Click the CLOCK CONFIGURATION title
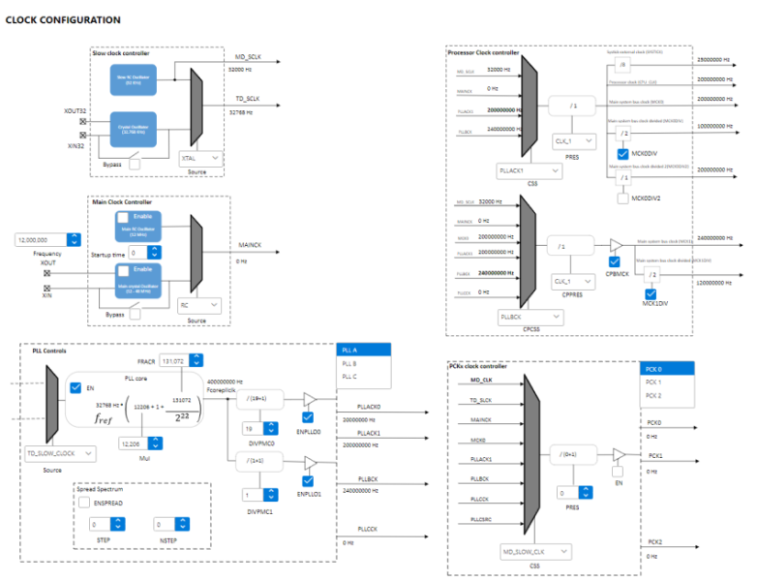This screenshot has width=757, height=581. (x=64, y=19)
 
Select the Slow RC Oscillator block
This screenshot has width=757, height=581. (x=134, y=78)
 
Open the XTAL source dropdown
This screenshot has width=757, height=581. (x=202, y=157)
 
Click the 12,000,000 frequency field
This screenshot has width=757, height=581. (x=46, y=239)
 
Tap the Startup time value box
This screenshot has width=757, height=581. (x=145, y=252)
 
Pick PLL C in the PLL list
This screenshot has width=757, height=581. (x=349, y=375)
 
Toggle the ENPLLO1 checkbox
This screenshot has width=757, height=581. (x=309, y=480)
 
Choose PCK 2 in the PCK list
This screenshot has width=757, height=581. (x=653, y=395)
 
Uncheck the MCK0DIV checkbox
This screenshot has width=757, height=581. (x=623, y=154)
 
